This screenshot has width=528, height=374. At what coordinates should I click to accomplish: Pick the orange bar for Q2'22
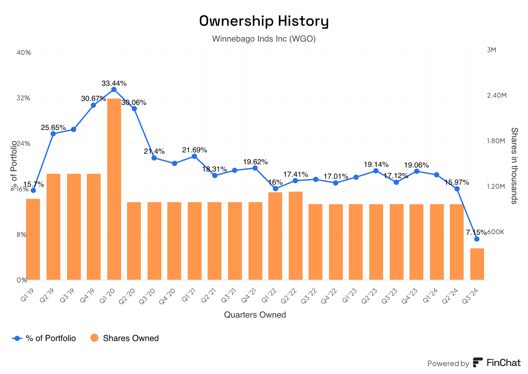pos(295,235)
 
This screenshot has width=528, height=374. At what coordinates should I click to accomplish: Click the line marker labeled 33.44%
pos(114,89)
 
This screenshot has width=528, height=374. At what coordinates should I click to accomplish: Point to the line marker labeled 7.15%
pos(477,239)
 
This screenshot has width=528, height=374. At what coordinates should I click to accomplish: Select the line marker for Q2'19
pos(53,134)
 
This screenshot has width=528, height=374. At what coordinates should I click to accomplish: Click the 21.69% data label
pos(195,150)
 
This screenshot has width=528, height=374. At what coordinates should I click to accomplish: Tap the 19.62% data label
pos(255,162)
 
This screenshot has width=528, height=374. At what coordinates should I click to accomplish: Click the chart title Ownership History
pos(264,21)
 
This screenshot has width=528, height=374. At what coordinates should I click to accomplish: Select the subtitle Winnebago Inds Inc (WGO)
pos(264,39)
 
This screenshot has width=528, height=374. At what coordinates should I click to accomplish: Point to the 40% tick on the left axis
pos(24,53)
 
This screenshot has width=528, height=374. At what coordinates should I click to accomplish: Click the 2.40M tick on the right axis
pos(496,95)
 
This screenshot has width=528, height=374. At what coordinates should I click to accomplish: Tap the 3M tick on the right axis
pos(491,50)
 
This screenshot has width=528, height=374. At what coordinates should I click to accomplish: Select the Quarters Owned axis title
pos(255,315)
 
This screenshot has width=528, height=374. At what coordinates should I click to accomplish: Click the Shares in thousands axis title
pos(514,166)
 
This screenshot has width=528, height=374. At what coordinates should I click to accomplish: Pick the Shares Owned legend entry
pos(125,338)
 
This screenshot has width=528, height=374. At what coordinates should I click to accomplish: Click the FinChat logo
pos(497,363)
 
